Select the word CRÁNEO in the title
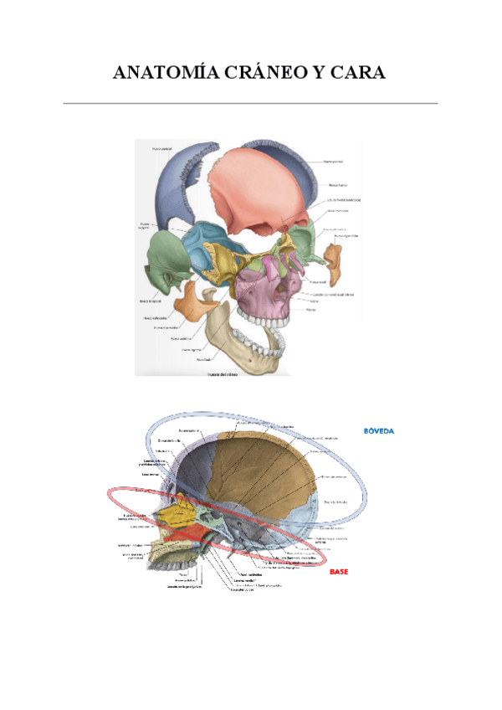click(x=265, y=74)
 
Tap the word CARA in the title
click(x=357, y=74)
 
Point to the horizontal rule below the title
click(x=251, y=104)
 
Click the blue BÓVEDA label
click(x=378, y=430)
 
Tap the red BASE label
click(x=339, y=571)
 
